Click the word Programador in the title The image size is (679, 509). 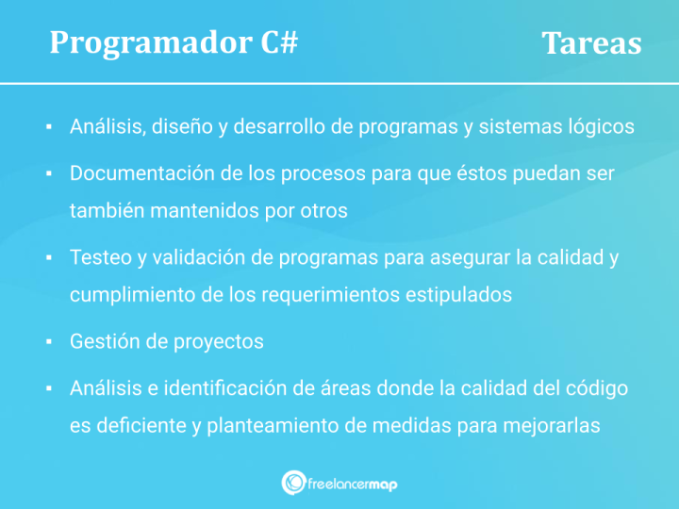pyautogui.click(x=150, y=42)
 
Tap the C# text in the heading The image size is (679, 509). pyautogui.click(x=278, y=42)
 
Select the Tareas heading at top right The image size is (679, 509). pyautogui.click(x=591, y=43)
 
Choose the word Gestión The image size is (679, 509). pyautogui.click(x=103, y=341)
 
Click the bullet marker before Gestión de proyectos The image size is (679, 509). pyautogui.click(x=47, y=341)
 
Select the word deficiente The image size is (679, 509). pyautogui.click(x=140, y=425)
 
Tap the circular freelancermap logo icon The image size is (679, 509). pyautogui.click(x=292, y=483)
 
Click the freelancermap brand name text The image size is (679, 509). pyautogui.click(x=354, y=484)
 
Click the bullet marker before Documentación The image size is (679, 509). pyautogui.click(x=47, y=174)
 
